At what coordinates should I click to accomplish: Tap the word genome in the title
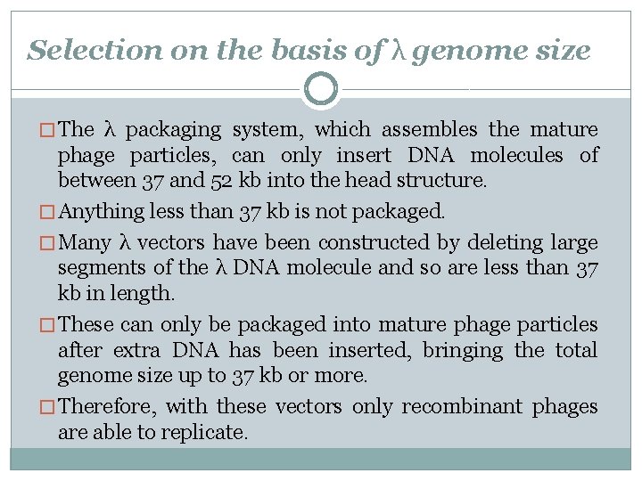(454, 52)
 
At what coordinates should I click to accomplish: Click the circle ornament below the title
(321, 88)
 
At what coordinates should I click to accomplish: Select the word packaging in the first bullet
(173, 130)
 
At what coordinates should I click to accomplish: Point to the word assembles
(432, 130)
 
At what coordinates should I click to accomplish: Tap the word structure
(445, 181)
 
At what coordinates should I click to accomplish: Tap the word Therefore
(107, 407)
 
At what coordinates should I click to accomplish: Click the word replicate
(204, 433)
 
